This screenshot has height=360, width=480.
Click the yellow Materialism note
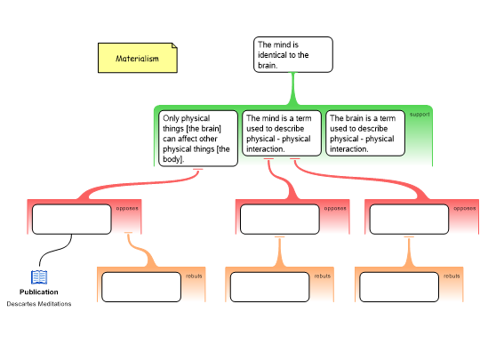pos(138,58)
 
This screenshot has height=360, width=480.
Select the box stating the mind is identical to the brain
pos(293,54)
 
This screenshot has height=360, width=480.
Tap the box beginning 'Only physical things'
pos(198,139)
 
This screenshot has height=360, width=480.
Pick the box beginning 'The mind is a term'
pos(282,133)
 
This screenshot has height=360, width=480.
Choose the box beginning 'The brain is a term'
pos(365,133)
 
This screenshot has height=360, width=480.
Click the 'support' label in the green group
pos(420,114)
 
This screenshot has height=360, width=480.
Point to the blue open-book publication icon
pos(39,277)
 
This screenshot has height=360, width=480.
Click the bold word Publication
pos(39,292)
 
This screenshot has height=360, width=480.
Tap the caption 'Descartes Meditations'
pos(39,304)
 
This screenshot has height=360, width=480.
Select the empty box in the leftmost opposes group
pos(72,220)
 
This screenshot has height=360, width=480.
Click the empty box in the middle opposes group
pos(280,220)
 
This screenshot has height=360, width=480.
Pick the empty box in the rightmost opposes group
pos(409,220)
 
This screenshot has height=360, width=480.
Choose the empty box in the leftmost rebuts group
pos(141,287)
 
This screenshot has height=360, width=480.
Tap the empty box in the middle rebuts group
pos(269,287)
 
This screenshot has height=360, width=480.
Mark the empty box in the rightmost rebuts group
pos(399,287)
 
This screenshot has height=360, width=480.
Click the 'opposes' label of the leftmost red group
pos(127,208)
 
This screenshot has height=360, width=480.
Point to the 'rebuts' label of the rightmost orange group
pos(452,276)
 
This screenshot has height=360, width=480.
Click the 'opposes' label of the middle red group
pos(335,208)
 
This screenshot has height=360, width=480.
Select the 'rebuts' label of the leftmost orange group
pos(194,276)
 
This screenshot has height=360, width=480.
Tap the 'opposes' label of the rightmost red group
pos(465,208)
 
